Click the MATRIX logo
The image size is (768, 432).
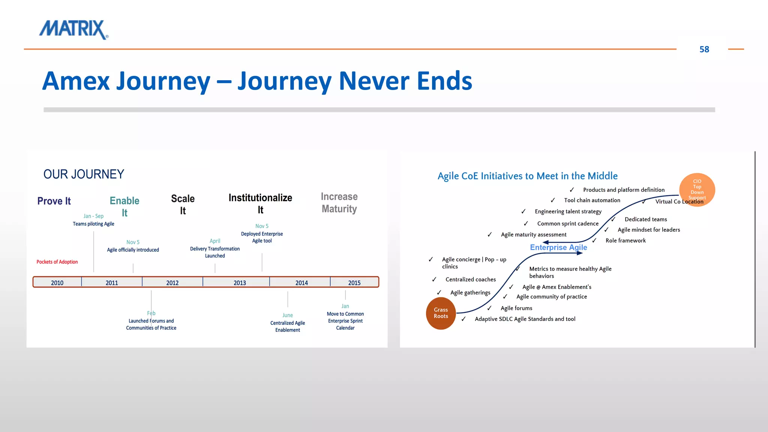(x=73, y=29)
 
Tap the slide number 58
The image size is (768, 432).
(x=704, y=49)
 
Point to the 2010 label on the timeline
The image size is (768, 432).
(x=57, y=283)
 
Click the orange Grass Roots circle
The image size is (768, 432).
(x=441, y=313)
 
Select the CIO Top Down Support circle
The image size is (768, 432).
(x=697, y=189)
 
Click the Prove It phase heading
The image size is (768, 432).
(x=54, y=201)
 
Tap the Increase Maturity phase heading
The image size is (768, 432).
(x=339, y=202)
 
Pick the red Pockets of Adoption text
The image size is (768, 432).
(x=57, y=262)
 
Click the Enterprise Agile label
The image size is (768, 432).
(x=558, y=247)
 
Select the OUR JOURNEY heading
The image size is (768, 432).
(x=84, y=174)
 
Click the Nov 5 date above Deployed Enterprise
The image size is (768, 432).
(x=262, y=226)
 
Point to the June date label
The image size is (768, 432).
(x=288, y=315)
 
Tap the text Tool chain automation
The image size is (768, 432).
(x=592, y=200)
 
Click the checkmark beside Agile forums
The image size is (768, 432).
(x=489, y=308)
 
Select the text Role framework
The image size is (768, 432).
(x=625, y=240)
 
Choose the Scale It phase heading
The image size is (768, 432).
(x=183, y=204)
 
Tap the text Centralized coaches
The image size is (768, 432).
(x=471, y=279)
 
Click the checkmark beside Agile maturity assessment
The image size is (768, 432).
(x=489, y=235)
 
